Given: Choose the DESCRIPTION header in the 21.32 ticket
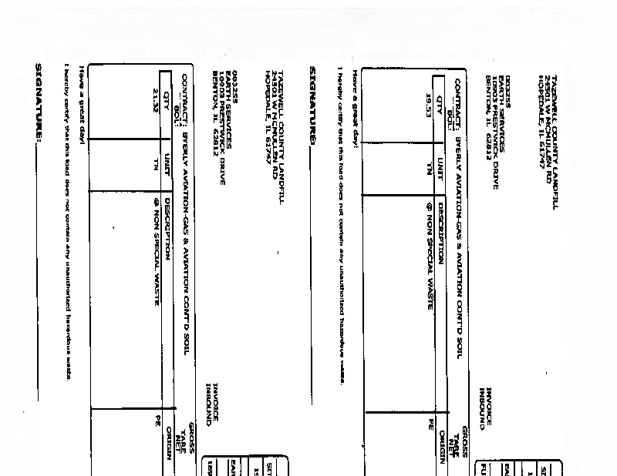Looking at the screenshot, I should pyautogui.click(x=167, y=223).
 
